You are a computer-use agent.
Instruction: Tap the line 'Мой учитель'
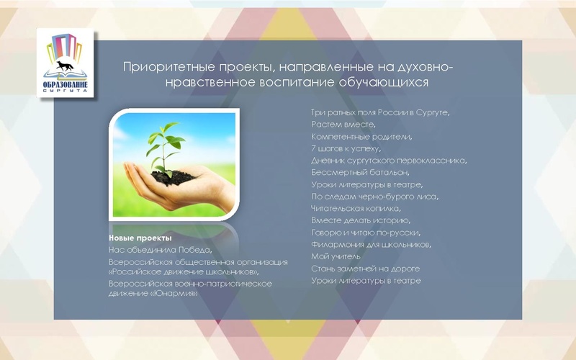(331, 256)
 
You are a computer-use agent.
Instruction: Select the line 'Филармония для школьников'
(371, 245)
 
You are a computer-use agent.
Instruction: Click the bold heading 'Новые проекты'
(140, 238)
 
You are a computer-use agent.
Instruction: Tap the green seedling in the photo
(168, 144)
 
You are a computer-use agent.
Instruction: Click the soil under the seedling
(173, 175)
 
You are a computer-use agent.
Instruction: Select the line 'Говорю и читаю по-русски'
(365, 233)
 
